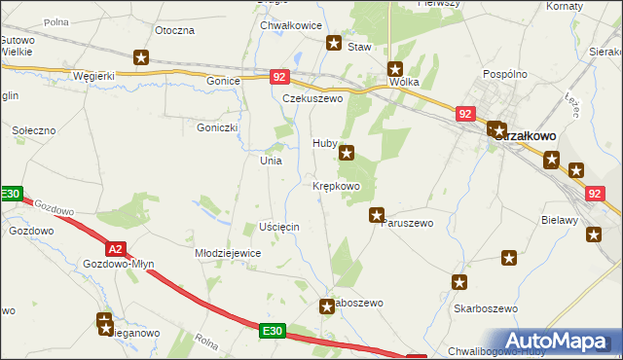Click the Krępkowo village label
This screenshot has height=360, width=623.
pos(337,186)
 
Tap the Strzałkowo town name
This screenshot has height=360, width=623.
pos(525,137)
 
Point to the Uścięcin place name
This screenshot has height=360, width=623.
pos(279,226)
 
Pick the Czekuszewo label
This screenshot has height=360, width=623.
pos(313,98)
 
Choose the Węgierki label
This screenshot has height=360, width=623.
pos(94,75)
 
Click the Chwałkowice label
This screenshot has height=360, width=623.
pos(291,25)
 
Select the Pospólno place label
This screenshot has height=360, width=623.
pos(505,75)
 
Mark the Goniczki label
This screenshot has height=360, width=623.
pos(217,126)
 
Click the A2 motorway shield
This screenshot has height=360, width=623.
pos(115,249)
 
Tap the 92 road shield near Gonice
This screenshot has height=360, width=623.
pos(279,76)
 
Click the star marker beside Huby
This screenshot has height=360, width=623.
pos(347,153)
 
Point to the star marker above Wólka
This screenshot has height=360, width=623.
pos(395,69)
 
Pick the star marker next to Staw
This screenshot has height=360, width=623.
pos(334,44)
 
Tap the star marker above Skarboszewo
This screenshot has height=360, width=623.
pos(458,282)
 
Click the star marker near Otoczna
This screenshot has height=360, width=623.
pos(141,58)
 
